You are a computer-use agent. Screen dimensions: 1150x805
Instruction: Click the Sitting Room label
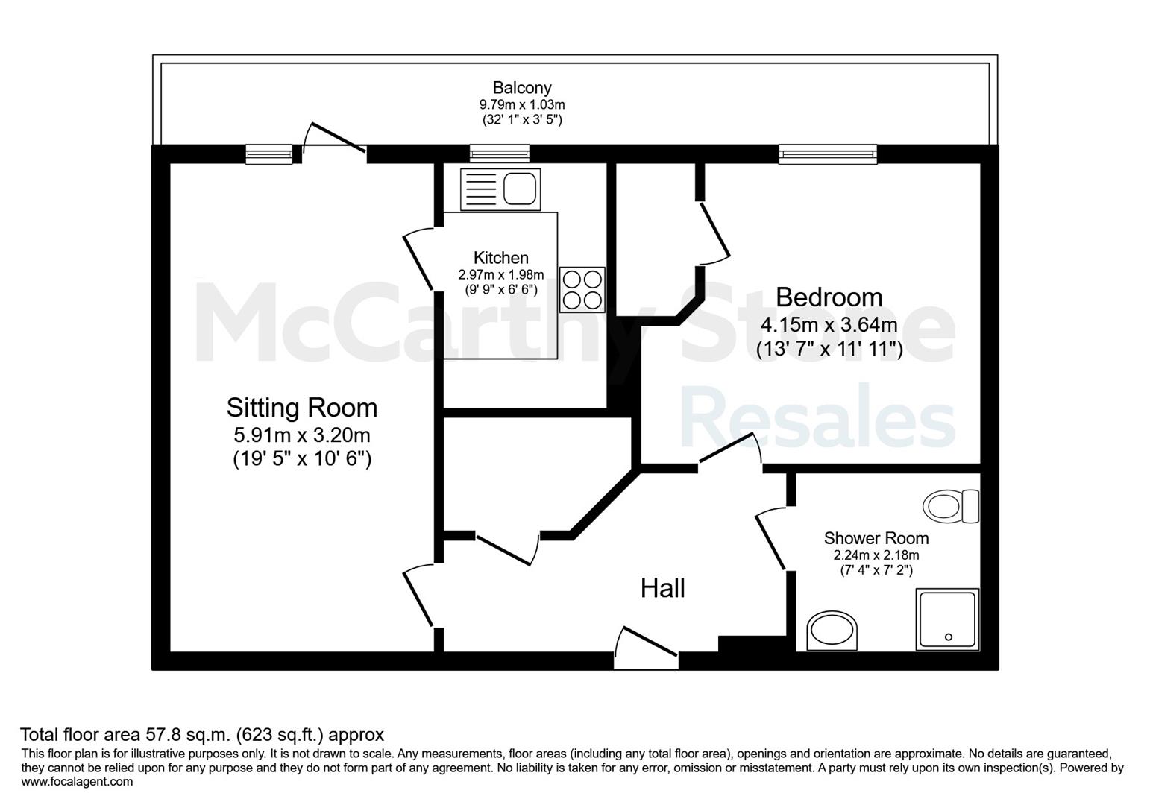click(x=302, y=408)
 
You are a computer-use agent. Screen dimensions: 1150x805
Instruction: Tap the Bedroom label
click(x=829, y=297)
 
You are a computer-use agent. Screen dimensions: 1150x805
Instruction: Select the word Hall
click(x=663, y=588)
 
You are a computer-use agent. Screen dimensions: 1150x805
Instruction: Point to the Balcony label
click(x=522, y=88)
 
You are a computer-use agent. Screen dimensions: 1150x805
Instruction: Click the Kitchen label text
click(x=500, y=258)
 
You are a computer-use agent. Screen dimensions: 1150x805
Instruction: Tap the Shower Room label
click(x=876, y=538)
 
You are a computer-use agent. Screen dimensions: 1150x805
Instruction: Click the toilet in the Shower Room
click(x=951, y=506)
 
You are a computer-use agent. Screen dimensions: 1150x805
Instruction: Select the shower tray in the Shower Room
click(x=947, y=620)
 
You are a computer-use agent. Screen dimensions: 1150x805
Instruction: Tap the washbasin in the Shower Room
click(x=832, y=631)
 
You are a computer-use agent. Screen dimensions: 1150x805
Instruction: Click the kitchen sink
click(x=500, y=189)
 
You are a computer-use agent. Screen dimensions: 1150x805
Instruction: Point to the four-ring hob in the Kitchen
click(x=582, y=290)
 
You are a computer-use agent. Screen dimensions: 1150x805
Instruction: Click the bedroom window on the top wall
click(x=828, y=154)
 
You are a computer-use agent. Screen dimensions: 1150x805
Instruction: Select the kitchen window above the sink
click(x=499, y=154)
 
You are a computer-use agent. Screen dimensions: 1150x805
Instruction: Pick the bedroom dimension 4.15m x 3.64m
click(x=829, y=325)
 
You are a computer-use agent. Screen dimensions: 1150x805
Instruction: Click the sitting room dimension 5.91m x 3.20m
click(x=302, y=435)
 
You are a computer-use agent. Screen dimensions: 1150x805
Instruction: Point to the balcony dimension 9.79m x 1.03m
click(x=522, y=104)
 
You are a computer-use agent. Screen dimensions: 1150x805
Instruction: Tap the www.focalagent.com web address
click(x=77, y=782)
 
